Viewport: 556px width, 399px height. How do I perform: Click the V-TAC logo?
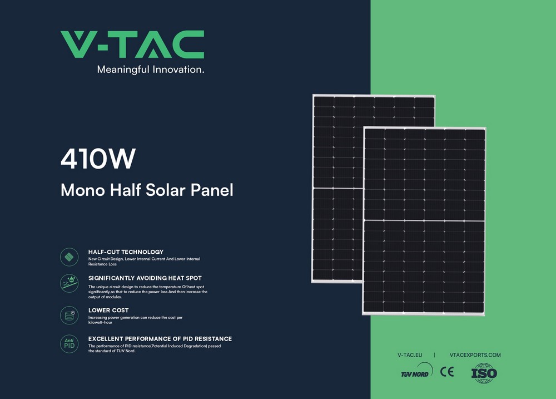click(132, 45)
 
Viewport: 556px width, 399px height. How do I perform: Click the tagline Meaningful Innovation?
click(151, 70)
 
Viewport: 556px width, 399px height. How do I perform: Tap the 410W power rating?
click(98, 159)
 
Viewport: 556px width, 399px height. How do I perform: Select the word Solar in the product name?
click(166, 190)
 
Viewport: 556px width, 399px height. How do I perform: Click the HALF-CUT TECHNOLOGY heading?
click(126, 252)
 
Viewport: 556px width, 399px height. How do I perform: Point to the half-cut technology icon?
click(69, 257)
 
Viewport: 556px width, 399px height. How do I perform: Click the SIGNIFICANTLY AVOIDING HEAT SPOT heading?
click(145, 278)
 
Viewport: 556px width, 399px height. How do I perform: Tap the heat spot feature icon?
click(69, 283)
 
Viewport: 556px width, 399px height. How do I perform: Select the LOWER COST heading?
click(108, 311)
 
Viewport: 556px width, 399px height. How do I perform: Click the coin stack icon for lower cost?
click(69, 315)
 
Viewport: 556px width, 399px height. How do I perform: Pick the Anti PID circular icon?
click(69, 343)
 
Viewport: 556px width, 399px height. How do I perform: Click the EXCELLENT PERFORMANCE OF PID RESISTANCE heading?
click(160, 339)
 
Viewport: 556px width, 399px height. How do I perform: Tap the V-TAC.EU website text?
click(410, 355)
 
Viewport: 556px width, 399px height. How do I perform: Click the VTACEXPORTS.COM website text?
click(475, 355)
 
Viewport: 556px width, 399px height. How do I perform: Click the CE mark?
click(447, 372)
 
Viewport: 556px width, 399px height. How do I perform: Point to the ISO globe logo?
click(484, 373)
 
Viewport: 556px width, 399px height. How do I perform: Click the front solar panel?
click(424, 221)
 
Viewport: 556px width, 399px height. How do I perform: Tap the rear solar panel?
click(337, 188)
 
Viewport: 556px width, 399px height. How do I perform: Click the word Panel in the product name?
click(212, 190)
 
